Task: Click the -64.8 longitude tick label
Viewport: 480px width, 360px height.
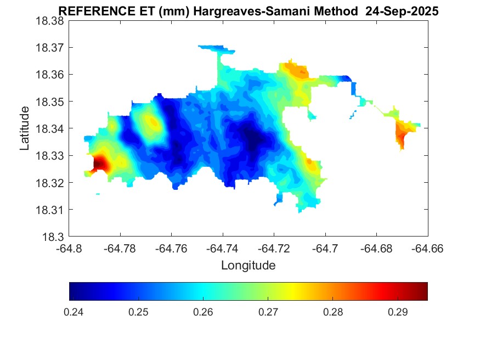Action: tap(69, 249)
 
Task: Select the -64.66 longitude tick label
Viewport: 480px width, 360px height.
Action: tap(428, 249)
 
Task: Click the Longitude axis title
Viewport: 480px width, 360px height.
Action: tap(248, 266)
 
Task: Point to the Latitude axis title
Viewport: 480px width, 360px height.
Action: tap(25, 128)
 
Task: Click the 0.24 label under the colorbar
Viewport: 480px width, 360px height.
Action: tap(74, 312)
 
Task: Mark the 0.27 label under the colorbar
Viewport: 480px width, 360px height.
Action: tap(268, 312)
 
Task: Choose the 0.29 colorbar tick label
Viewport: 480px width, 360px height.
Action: tap(398, 312)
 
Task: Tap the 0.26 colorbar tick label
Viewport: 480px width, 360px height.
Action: tap(204, 312)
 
